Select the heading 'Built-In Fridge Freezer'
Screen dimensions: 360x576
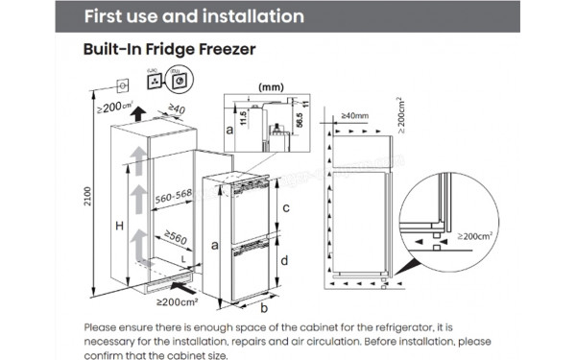point(169,49)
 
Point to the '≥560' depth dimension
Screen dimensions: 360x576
point(176,233)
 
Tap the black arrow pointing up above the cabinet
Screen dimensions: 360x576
point(140,112)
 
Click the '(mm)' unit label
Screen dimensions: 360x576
point(273,85)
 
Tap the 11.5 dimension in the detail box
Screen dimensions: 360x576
point(245,118)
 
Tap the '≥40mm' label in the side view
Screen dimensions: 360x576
point(353,116)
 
